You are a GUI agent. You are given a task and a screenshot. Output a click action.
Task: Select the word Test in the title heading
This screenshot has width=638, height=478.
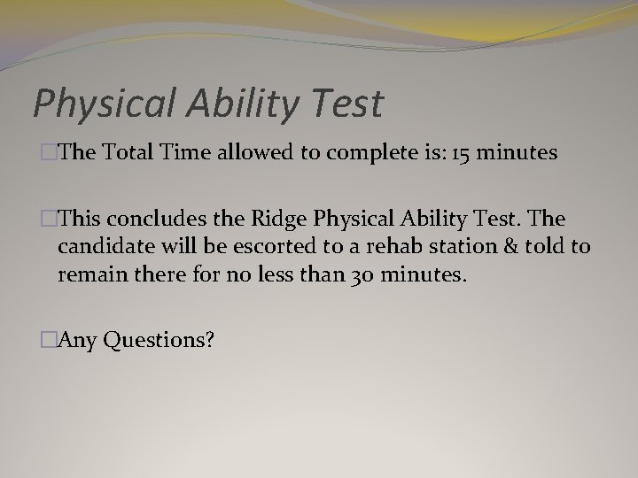348,103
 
